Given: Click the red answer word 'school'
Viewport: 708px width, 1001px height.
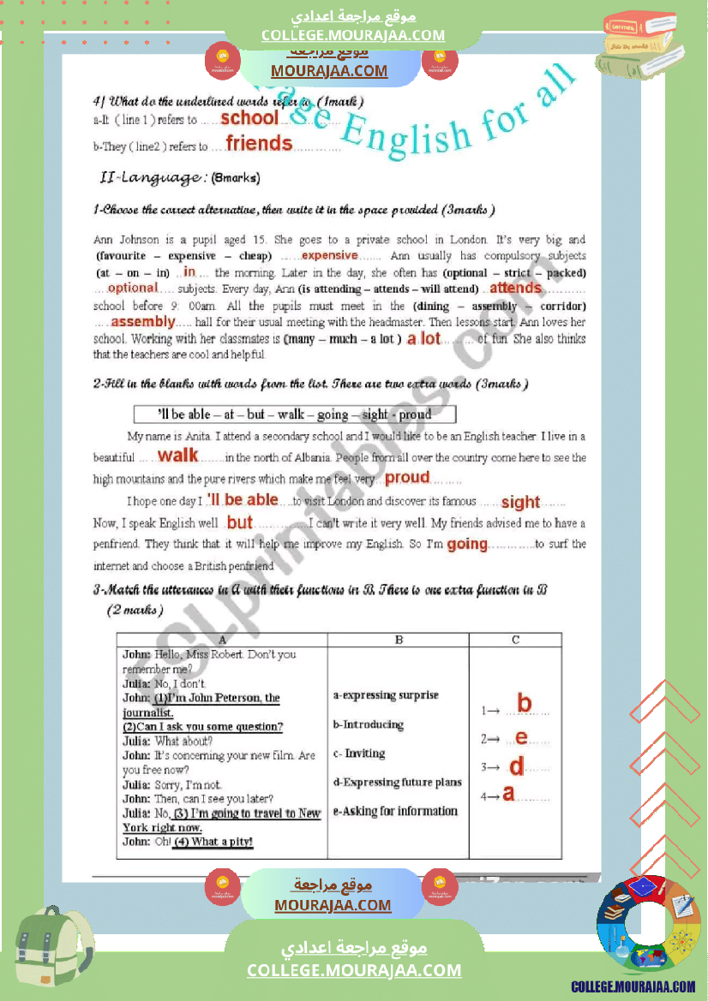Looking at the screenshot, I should [x=249, y=118].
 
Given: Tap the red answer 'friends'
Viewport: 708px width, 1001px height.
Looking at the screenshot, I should [x=259, y=144].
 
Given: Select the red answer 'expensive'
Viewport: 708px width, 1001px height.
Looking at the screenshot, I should [x=330, y=255].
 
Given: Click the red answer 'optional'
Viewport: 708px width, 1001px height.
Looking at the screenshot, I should [x=133, y=289].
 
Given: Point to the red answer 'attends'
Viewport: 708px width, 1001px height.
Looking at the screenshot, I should [x=515, y=289].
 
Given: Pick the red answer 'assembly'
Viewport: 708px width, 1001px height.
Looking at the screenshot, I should [x=142, y=322].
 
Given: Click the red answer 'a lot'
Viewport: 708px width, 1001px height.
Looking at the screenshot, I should [x=424, y=338].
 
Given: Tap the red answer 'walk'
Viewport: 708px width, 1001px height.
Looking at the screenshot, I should [x=178, y=456].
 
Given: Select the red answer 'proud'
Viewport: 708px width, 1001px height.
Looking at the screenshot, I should [x=407, y=478].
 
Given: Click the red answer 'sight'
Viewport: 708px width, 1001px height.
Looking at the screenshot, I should [x=520, y=502].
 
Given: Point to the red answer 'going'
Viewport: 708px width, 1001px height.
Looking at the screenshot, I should [x=467, y=544].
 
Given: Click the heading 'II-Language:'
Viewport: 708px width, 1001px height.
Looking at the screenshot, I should [x=153, y=177].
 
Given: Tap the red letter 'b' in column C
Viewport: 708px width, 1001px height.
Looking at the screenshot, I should [x=524, y=705].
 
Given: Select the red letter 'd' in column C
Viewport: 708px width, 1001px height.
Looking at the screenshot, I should [x=516, y=766].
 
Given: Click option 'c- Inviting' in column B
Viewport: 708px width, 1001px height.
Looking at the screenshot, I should [x=359, y=754].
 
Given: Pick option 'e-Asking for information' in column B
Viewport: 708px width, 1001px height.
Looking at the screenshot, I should [x=395, y=811].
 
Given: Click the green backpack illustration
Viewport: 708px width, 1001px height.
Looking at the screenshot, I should [x=54, y=945].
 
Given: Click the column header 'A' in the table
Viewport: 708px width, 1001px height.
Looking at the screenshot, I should [x=222, y=640].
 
